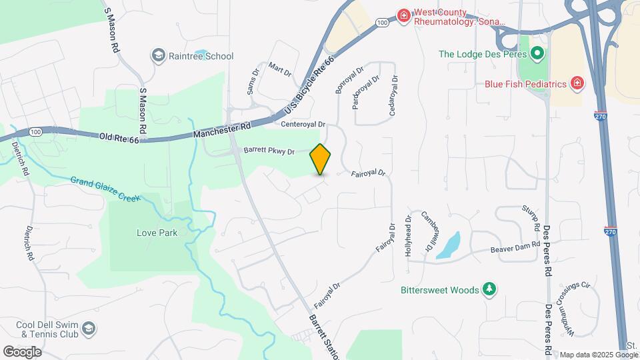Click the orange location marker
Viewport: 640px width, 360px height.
(x=321, y=159)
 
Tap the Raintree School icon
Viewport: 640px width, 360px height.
(x=159, y=55)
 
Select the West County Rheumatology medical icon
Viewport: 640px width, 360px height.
(x=403, y=15)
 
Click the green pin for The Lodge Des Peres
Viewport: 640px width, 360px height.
(x=537, y=53)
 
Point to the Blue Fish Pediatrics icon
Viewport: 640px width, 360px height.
(x=577, y=84)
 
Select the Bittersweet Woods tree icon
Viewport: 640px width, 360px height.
(x=489, y=289)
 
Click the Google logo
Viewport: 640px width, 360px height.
(x=22, y=351)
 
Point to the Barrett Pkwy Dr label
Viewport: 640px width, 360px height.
(x=269, y=151)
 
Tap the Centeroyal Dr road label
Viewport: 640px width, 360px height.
(x=303, y=124)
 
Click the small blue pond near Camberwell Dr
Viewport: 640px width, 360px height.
(x=450, y=245)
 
